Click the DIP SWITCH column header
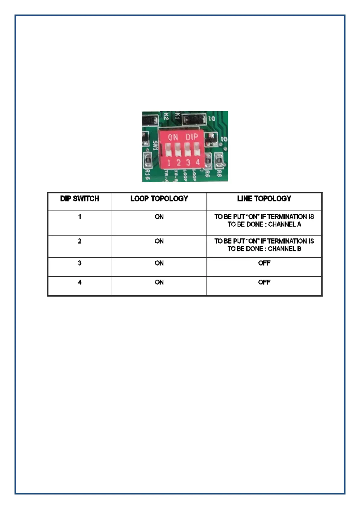79,199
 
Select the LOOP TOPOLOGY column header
159,199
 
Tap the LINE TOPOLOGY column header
264,199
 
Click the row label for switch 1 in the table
79,217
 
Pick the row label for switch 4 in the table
79,282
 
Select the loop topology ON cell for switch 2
159,241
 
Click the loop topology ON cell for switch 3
159,263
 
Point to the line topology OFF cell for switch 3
264,263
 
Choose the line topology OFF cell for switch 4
264,282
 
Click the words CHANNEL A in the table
284,224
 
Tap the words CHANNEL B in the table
284,249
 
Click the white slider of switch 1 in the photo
169,149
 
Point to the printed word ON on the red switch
173,138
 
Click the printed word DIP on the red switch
192,137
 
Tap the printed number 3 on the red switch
188,163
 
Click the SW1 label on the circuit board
155,146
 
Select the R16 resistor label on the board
147,174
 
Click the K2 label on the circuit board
166,117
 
